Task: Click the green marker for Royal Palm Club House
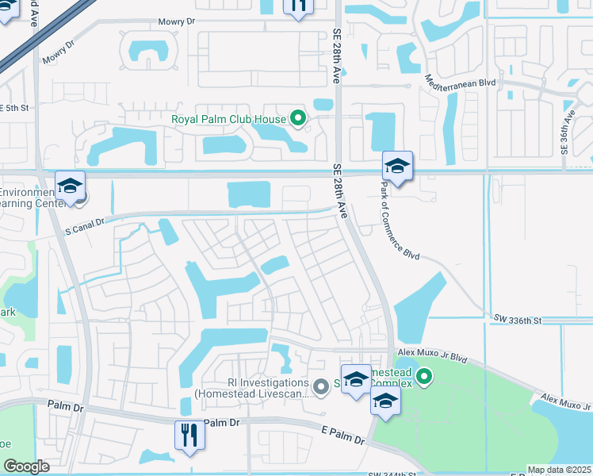[x=298, y=120]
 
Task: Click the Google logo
[x=26, y=466]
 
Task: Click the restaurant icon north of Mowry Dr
[x=298, y=6]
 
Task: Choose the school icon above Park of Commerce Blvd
[x=397, y=166]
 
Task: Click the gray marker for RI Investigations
[x=320, y=387]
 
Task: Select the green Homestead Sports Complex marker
[x=424, y=375]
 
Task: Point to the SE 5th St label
[x=13, y=108]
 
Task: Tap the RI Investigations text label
[x=251, y=387]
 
